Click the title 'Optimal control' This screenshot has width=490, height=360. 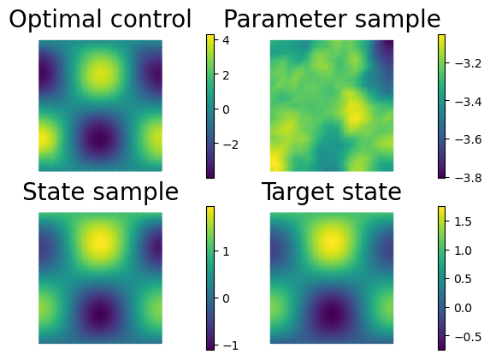click(100, 19)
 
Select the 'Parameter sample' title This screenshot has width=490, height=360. click(332, 20)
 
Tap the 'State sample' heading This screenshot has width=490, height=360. click(100, 192)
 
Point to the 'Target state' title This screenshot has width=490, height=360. click(331, 192)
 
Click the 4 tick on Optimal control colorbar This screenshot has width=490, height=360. click(226, 40)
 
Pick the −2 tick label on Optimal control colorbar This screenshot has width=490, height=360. click(231, 145)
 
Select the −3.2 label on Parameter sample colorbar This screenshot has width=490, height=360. click(468, 63)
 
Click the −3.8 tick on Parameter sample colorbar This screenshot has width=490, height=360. click(468, 178)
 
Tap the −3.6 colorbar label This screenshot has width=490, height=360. click(468, 139)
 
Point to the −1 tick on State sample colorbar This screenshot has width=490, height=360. click(231, 345)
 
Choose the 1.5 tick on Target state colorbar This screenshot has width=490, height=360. click(463, 221)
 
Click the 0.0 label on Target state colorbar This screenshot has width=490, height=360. click(463, 308)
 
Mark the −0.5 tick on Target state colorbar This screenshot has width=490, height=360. click(468, 337)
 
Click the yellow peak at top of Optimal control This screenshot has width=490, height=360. click(101, 74)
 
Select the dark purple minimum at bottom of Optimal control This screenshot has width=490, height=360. click(100, 138)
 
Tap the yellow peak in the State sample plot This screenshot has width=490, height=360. click(101, 241)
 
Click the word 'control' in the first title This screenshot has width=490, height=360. click(151, 19)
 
